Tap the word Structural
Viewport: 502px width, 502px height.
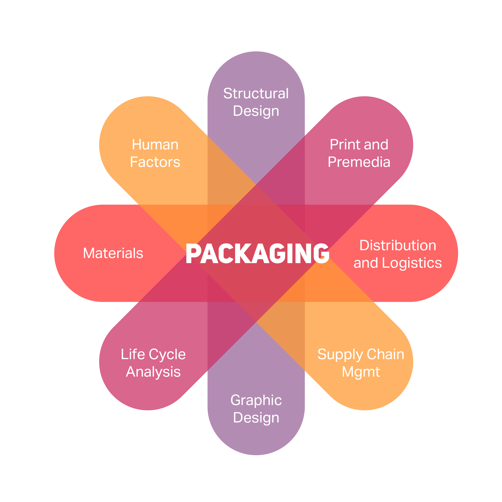click(256, 93)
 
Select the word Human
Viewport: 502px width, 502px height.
click(155, 145)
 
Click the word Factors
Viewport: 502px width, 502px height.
click(155, 162)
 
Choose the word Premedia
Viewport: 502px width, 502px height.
click(359, 162)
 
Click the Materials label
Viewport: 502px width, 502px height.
click(113, 253)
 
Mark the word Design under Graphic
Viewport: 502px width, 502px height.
click(256, 418)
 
